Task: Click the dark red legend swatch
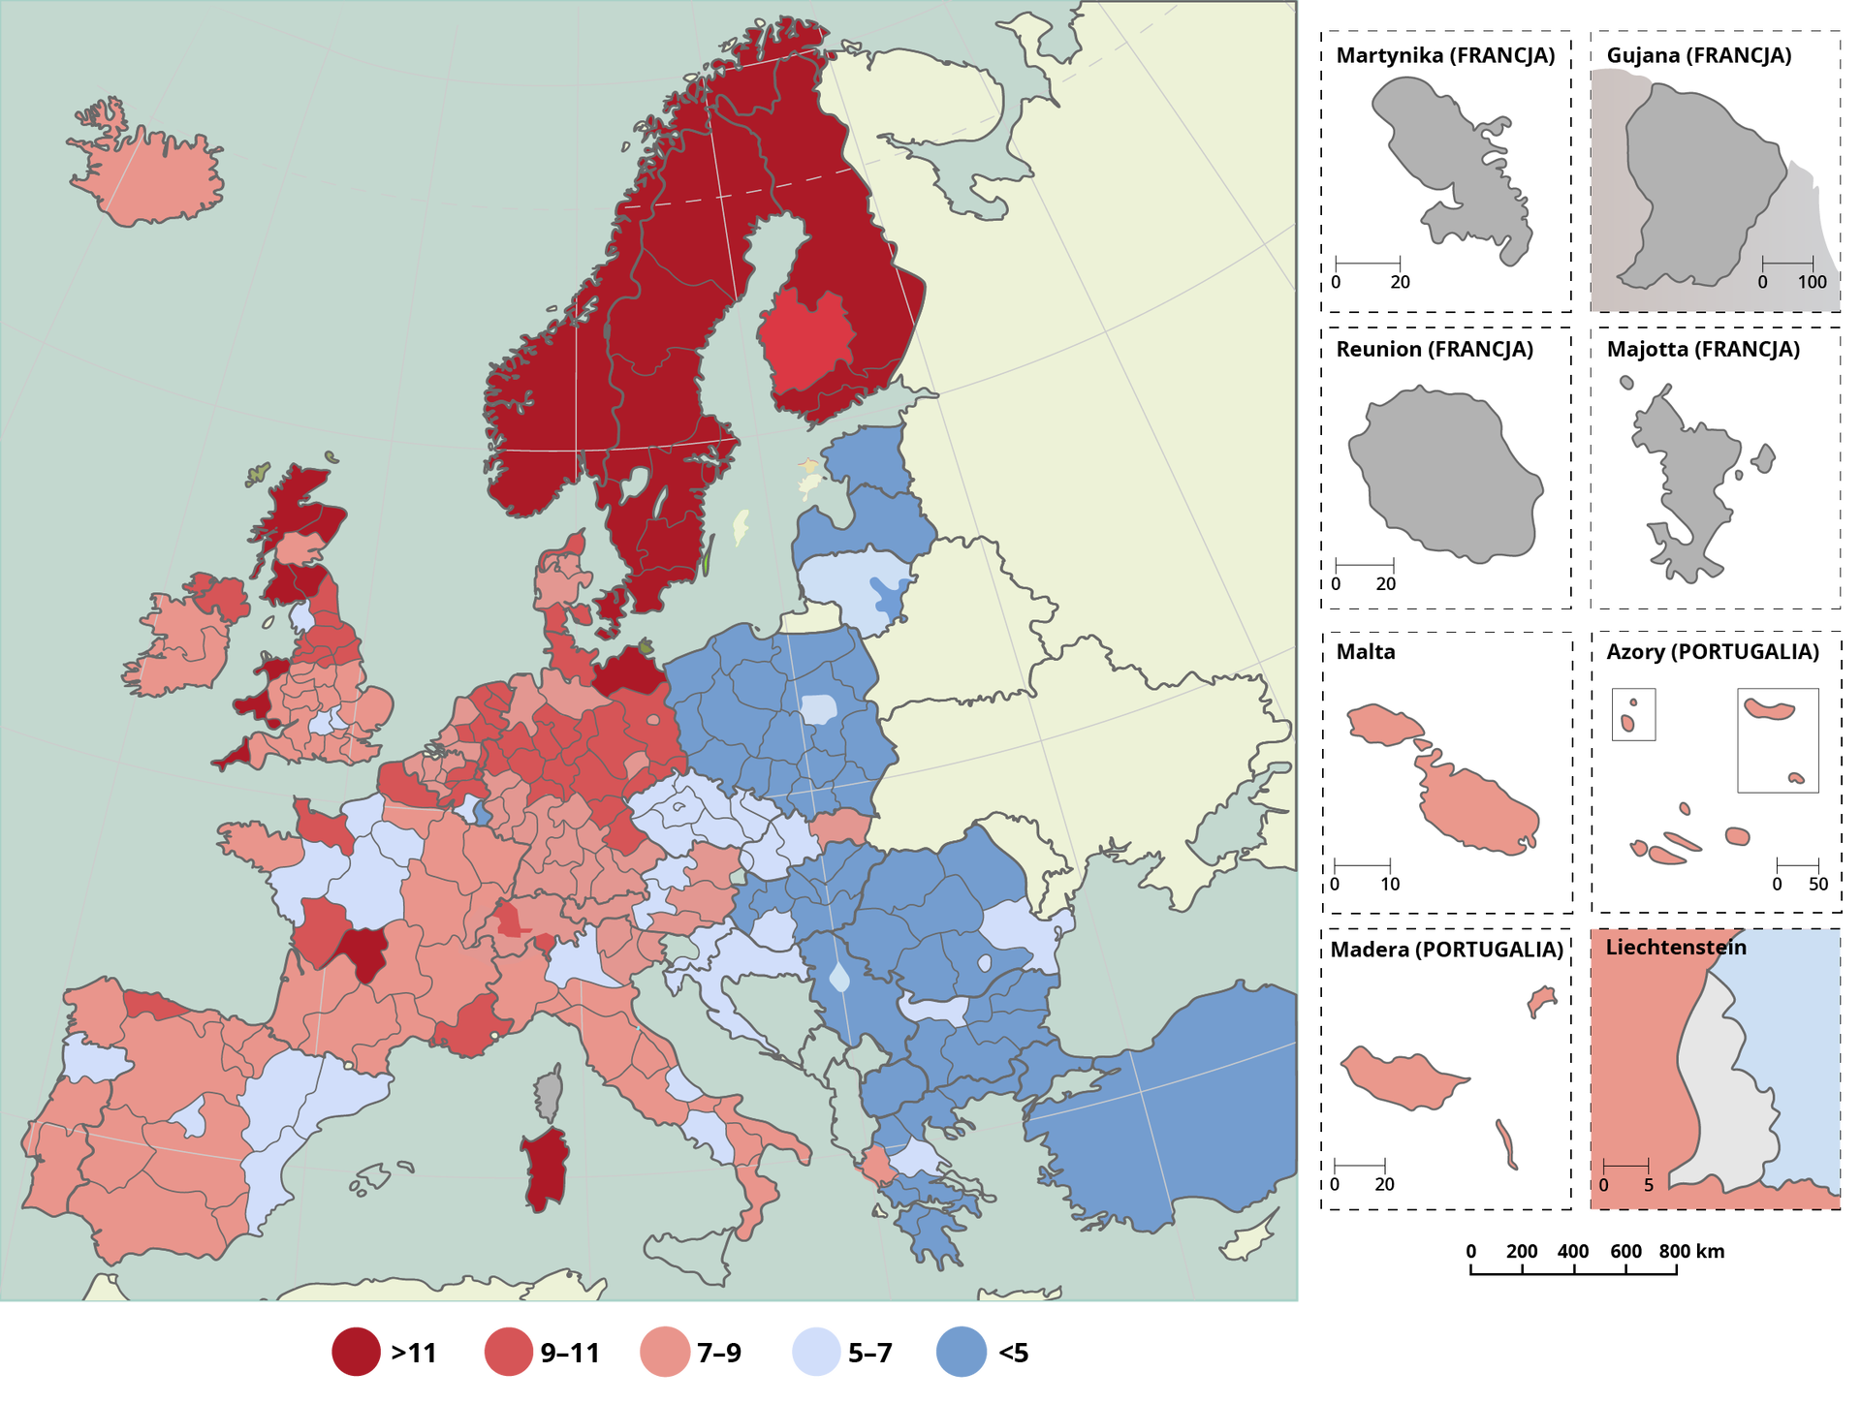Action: pos(356,1352)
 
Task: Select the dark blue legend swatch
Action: pos(961,1352)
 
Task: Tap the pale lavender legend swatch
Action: pos(815,1352)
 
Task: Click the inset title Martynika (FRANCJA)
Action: pos(1445,55)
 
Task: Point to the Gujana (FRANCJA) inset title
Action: pos(1698,55)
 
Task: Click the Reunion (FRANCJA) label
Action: pos(1435,349)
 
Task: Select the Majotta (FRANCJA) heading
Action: pos(1703,349)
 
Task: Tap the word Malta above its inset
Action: pos(1366,651)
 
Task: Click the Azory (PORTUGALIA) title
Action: pos(1713,651)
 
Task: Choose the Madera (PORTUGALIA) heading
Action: pos(1446,949)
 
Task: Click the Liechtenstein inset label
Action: pos(1676,947)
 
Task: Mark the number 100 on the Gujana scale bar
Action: pos(1812,282)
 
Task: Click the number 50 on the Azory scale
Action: pos(1817,884)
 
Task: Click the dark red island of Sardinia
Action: pos(546,1168)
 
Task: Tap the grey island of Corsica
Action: pos(550,1093)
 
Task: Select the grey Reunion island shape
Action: pos(1444,475)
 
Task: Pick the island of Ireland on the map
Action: pos(179,644)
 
